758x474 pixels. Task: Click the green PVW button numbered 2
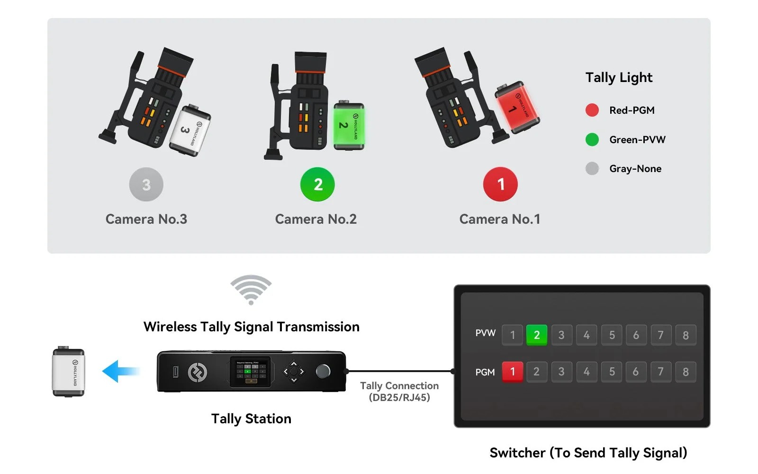pyautogui.click(x=536, y=335)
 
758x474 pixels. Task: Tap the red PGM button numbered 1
pyautogui.click(x=512, y=372)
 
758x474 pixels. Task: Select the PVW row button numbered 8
pyautogui.click(x=686, y=335)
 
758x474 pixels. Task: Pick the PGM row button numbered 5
pyautogui.click(x=612, y=372)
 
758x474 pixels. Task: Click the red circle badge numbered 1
pyautogui.click(x=500, y=184)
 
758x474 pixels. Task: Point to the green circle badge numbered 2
pyautogui.click(x=317, y=184)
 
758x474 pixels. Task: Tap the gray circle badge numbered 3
pyautogui.click(x=146, y=184)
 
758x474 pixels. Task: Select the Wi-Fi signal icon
pyautogui.click(x=251, y=290)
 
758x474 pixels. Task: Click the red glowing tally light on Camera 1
pyautogui.click(x=517, y=107)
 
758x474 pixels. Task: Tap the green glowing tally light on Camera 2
pyautogui.click(x=349, y=126)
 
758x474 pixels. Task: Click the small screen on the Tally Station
pyautogui.click(x=251, y=372)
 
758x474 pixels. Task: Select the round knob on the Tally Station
pyautogui.click(x=323, y=371)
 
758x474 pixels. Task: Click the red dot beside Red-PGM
pyautogui.click(x=592, y=110)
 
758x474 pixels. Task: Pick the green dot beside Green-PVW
pyautogui.click(x=592, y=140)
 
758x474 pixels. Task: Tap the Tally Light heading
pyautogui.click(x=619, y=78)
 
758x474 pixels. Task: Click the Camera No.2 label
pyautogui.click(x=316, y=219)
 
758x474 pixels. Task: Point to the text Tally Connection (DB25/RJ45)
pyautogui.click(x=399, y=392)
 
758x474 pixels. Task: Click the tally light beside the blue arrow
pyautogui.click(x=68, y=372)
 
